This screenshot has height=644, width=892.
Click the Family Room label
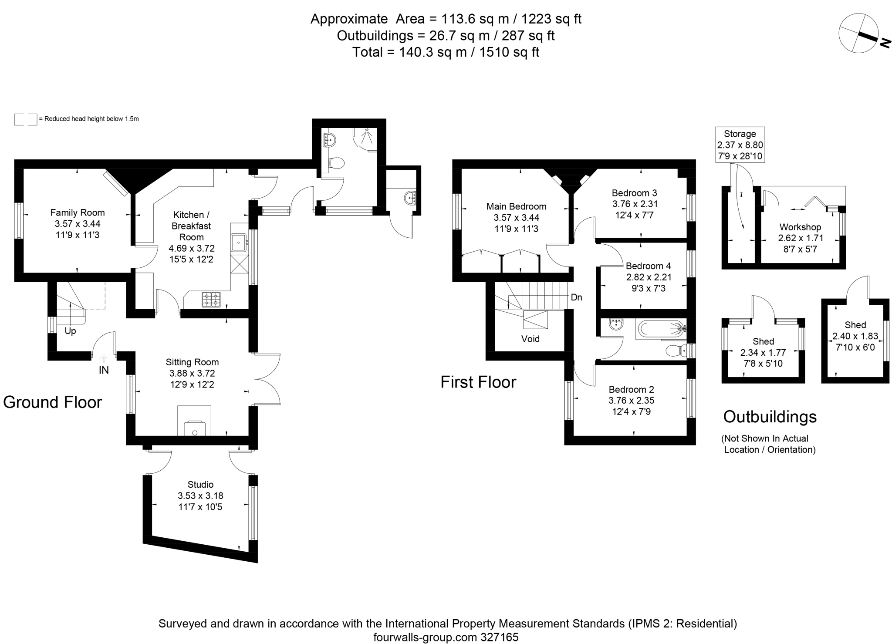coord(78,213)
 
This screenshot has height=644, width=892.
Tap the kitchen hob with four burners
coord(211,300)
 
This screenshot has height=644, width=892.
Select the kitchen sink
coord(239,242)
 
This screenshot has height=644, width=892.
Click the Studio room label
coord(200,485)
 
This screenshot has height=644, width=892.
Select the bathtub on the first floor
coord(660,330)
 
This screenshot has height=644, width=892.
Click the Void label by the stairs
coord(530,339)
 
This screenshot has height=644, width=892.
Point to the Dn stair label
coord(576,297)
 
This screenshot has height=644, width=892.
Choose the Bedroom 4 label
coord(648,266)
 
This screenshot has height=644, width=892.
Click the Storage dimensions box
coord(740,145)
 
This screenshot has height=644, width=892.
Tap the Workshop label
coord(800,227)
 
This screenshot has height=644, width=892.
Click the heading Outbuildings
coord(770,417)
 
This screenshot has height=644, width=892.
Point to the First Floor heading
coord(478,382)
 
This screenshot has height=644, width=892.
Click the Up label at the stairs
coord(70,331)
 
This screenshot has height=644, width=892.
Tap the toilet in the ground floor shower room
coord(336,164)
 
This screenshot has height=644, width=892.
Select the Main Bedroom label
coord(516,206)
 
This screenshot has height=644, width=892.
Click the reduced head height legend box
coord(26,119)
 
